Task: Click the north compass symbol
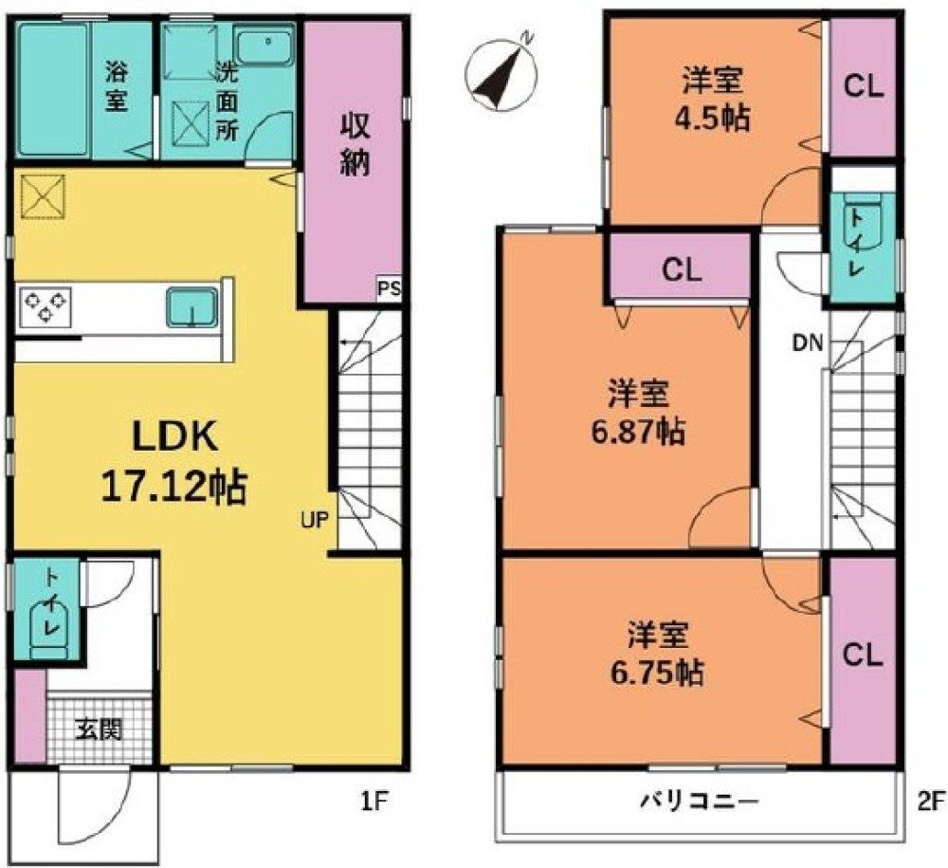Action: pyautogui.click(x=501, y=75)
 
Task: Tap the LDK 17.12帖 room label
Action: pyautogui.click(x=174, y=462)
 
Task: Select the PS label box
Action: pyautogui.click(x=389, y=288)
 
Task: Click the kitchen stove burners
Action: pyautogui.click(x=46, y=307)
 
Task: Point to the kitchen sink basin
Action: pyautogui.click(x=191, y=307)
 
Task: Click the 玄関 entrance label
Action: pyautogui.click(x=99, y=730)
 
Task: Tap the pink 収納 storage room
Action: pyautogui.click(x=353, y=162)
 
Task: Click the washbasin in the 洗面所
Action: pyautogui.click(x=265, y=46)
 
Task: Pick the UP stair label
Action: pyautogui.click(x=315, y=520)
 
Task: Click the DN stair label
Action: pyautogui.click(x=809, y=343)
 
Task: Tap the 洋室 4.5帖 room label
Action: pyautogui.click(x=712, y=100)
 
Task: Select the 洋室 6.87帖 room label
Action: pyautogui.click(x=638, y=414)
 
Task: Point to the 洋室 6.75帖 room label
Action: pyautogui.click(x=657, y=654)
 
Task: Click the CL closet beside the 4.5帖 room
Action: pyautogui.click(x=864, y=86)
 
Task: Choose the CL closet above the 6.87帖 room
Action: pyautogui.click(x=682, y=269)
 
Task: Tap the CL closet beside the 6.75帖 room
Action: pyautogui.click(x=863, y=660)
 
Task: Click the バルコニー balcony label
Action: pyautogui.click(x=699, y=802)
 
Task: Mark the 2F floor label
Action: pyautogui.click(x=931, y=802)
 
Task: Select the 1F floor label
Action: pyautogui.click(x=374, y=802)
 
